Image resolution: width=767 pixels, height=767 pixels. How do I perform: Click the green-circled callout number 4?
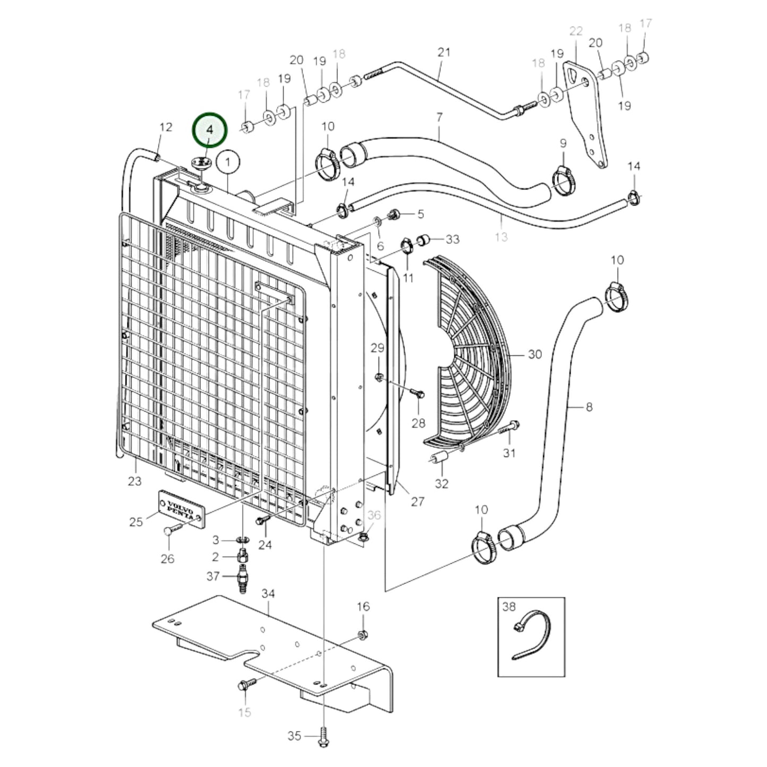(210, 130)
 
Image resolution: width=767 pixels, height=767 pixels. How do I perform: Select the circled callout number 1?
(228, 163)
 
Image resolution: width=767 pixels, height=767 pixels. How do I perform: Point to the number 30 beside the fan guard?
(535, 354)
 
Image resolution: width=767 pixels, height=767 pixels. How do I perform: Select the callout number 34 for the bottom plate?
(268, 593)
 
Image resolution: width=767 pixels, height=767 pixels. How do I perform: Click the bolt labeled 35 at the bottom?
(323, 737)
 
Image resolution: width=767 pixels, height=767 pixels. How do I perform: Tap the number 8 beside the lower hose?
(589, 407)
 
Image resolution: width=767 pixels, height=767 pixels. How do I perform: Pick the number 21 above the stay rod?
(444, 52)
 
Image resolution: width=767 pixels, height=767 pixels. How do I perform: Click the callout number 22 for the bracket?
(575, 31)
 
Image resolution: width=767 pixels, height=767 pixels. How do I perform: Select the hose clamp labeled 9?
(563, 177)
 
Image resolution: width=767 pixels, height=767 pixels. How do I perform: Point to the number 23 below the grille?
(135, 481)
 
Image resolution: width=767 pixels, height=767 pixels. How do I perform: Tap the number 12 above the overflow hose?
(166, 127)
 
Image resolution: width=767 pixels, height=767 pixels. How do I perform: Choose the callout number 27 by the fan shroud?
(418, 501)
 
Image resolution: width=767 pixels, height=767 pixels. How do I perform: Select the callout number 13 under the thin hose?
(501, 237)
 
